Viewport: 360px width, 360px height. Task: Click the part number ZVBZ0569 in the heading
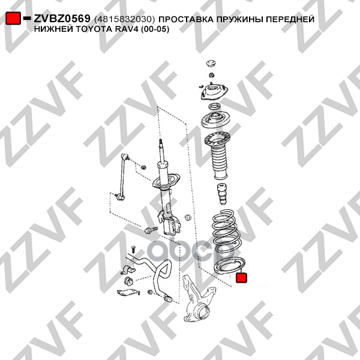62,19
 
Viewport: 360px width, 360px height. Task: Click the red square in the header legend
13,19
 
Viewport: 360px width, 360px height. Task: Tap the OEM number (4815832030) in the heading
125,19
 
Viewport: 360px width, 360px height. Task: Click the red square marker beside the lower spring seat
242,278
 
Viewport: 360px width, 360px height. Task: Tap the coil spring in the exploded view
227,231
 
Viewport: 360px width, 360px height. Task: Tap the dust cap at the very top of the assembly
211,64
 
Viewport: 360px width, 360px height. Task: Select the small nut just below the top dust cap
212,75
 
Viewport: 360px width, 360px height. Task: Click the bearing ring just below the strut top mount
214,106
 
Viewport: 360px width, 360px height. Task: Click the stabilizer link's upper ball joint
125,157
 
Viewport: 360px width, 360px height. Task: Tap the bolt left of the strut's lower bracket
151,230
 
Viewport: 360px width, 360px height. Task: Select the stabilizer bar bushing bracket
127,269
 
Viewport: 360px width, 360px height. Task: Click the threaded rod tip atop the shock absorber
161,142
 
